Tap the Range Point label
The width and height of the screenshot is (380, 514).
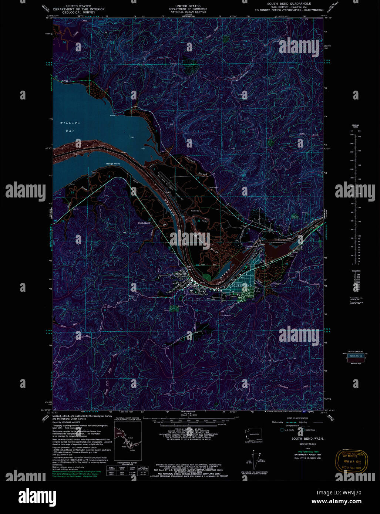pos(113,163)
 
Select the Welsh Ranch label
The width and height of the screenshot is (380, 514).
pos(144,223)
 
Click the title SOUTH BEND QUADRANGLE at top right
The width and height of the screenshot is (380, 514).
pos(289,4)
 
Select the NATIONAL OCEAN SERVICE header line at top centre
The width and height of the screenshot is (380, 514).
pos(188,12)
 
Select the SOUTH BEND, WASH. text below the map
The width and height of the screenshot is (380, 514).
pos(307,439)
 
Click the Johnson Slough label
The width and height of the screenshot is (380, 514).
pos(196,166)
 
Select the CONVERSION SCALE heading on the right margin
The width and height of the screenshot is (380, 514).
pos(355,126)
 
